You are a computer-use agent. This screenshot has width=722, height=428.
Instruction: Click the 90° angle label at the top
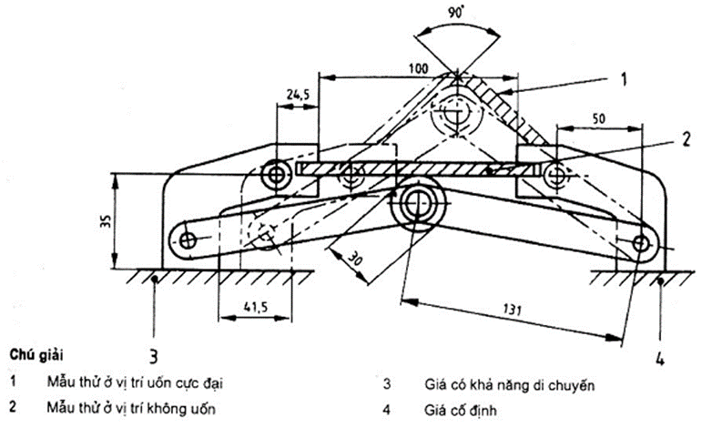[456, 13]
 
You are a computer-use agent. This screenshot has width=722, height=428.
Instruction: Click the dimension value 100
[419, 68]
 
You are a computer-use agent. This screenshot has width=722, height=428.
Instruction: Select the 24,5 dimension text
[299, 95]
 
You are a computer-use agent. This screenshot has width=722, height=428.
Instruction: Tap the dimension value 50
[598, 119]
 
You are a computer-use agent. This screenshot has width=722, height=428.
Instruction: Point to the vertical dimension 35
[105, 222]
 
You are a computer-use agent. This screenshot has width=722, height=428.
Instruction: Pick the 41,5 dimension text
[256, 307]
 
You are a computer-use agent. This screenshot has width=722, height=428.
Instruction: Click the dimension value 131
[513, 309]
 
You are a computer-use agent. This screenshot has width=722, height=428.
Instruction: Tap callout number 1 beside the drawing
[624, 79]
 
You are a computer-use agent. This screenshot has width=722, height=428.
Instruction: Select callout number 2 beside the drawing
[686, 139]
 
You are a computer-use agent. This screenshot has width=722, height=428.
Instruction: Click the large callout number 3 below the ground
[154, 356]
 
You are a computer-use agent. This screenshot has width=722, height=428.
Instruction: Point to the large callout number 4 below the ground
[660, 358]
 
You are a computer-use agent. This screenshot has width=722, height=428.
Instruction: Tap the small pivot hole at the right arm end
[640, 243]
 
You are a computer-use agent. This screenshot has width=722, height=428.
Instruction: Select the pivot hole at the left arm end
[187, 240]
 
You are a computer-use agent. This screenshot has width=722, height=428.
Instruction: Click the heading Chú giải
[36, 356]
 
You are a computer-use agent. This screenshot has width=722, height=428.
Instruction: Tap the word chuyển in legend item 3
[574, 385]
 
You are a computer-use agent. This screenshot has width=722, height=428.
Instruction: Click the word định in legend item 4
[483, 410]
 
